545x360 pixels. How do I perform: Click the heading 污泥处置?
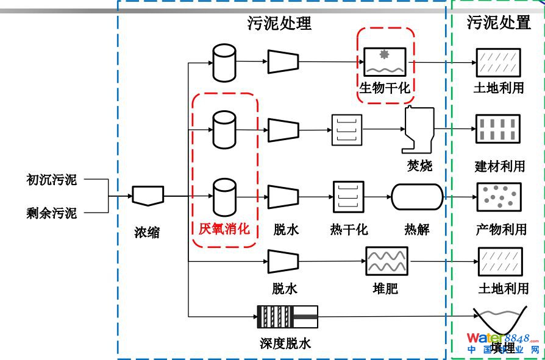[499, 23]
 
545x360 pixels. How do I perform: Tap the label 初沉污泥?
[52, 180]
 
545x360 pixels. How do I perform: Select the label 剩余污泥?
[52, 213]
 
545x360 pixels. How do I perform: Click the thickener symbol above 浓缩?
[148, 196]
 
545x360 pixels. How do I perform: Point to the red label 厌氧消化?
[224, 229]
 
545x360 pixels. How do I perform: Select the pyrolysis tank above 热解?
[416, 197]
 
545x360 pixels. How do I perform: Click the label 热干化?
[349, 230]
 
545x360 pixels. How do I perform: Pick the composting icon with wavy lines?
[386, 262]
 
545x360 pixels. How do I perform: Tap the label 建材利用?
[499, 166]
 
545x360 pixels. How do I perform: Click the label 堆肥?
[385, 288]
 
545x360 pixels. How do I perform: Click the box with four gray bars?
[498, 129]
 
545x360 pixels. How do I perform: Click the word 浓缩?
[147, 232]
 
